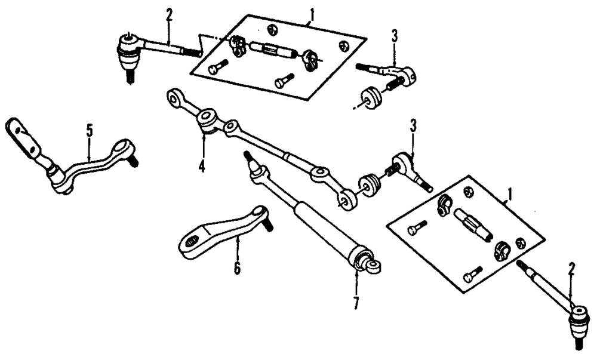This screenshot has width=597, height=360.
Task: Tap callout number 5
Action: click(90, 130)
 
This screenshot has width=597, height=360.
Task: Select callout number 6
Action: click(237, 268)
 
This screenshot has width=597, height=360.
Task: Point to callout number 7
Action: click(356, 303)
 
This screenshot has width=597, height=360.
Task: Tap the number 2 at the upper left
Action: click(169, 15)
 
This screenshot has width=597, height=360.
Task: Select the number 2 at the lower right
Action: click(571, 270)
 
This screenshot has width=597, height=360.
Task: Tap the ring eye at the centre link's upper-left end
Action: click(174, 96)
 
